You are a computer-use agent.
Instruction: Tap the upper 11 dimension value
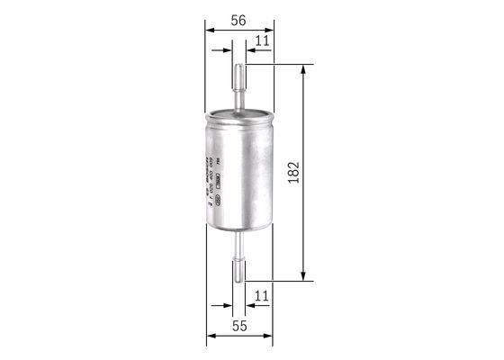coord(262,40)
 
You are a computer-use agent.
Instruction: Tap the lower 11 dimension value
coord(262,295)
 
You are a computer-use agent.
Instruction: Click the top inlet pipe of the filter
coord(239,85)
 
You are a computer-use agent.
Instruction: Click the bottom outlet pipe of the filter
coord(239,261)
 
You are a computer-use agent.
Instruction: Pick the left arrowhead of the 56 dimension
coord(211,30)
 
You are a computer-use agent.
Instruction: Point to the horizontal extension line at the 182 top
coord(279,65)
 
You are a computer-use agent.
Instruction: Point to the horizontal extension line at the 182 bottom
coord(279,281)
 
